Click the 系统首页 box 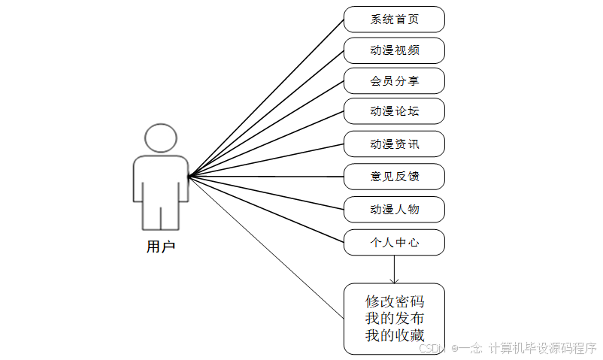tap(394, 20)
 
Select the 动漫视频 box tap(394, 51)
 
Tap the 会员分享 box tap(394, 81)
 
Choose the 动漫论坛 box tap(394, 111)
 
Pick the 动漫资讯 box tap(394, 144)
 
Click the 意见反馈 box tap(394, 177)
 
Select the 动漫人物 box tap(394, 209)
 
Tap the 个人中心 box tap(394, 242)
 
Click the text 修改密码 tap(394, 301)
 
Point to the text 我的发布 tap(394, 318)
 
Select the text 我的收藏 tap(394, 335)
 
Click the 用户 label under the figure tap(160, 246)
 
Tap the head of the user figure tap(161, 139)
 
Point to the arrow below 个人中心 tap(394, 271)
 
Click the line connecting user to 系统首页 tap(267, 97)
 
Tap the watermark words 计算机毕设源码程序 tap(542, 349)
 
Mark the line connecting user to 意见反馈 tap(267, 177)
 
